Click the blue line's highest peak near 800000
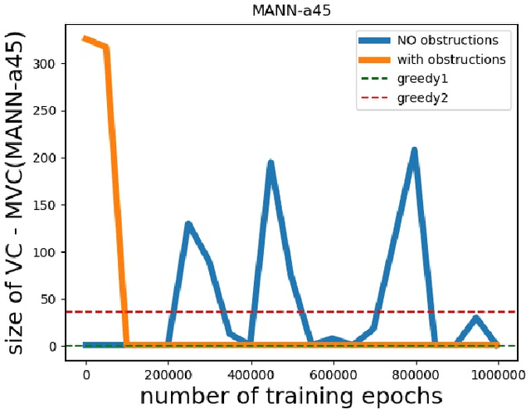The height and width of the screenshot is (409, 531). (x=414, y=150)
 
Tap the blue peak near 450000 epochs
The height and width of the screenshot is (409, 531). (x=270, y=163)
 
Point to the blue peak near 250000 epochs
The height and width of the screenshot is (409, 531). (x=188, y=224)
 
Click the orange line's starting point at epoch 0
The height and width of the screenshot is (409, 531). (x=85, y=38)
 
